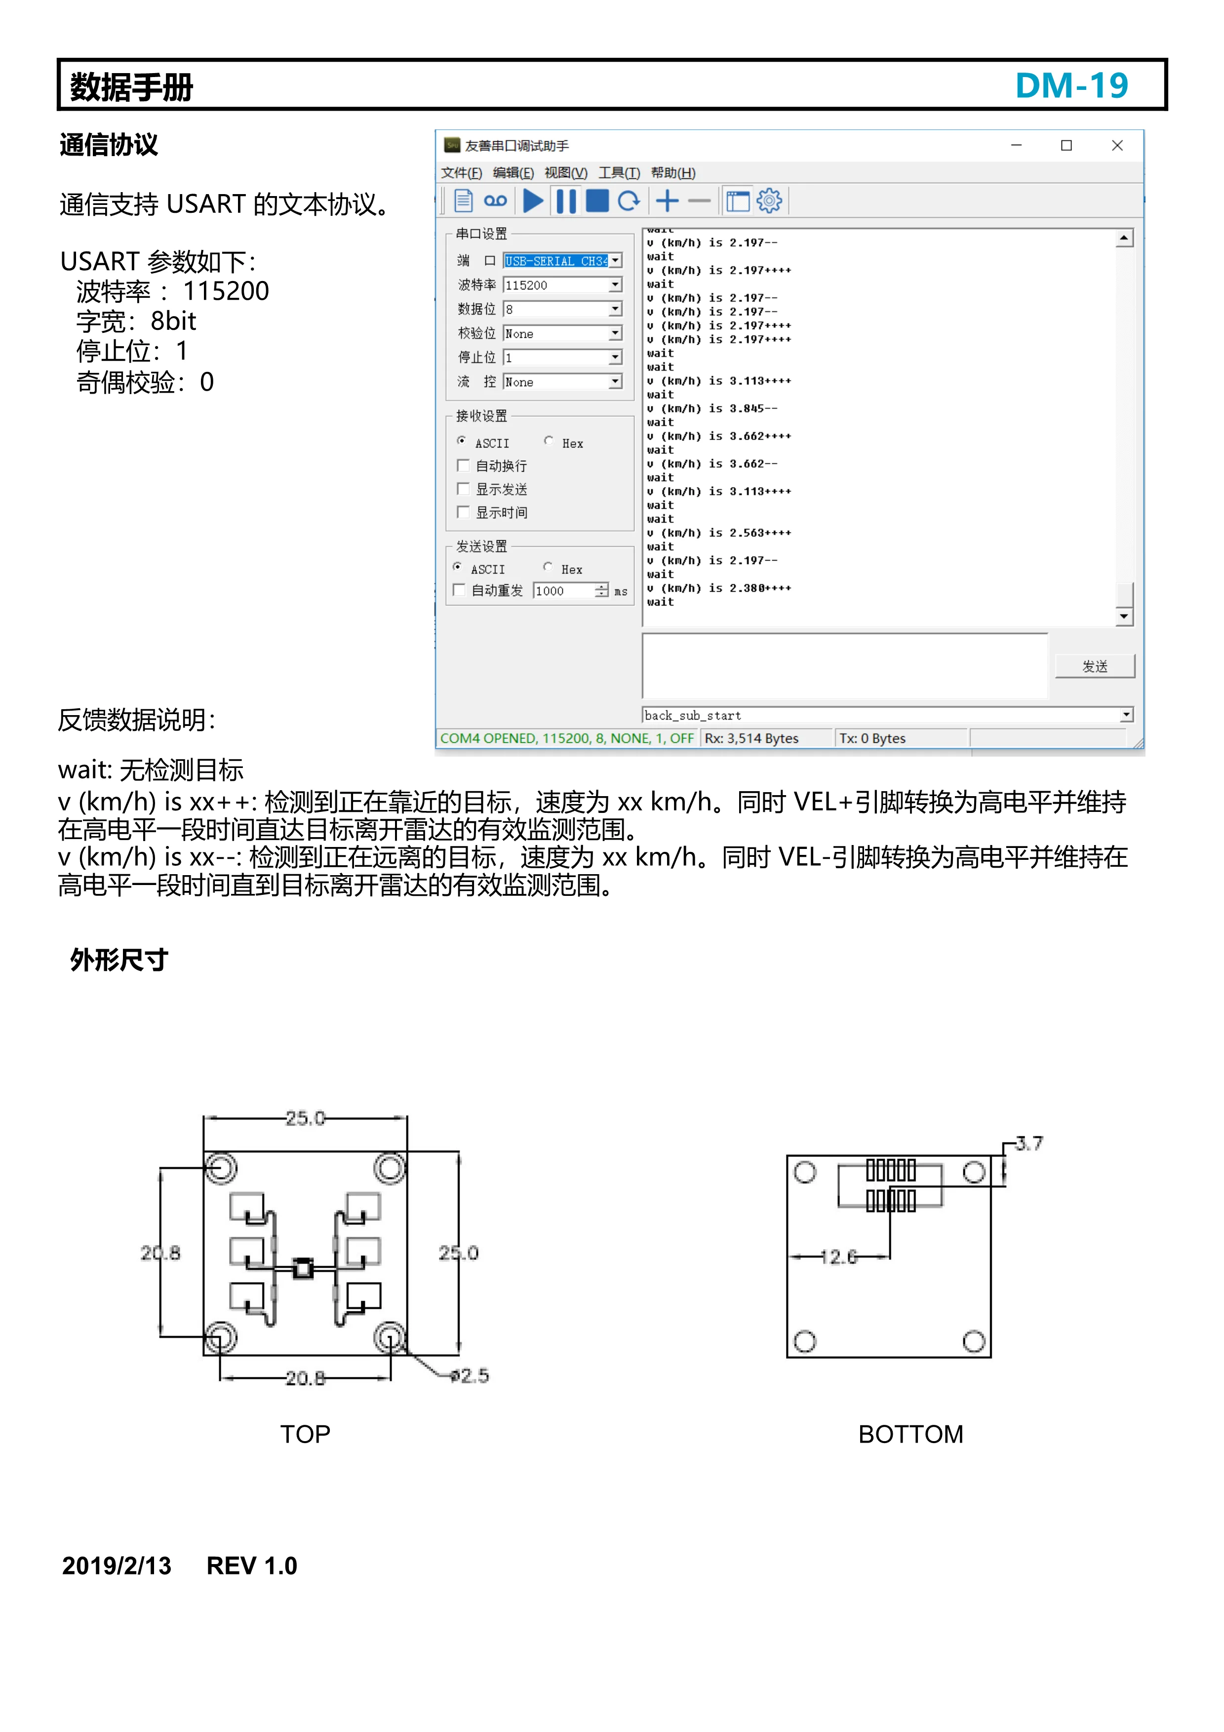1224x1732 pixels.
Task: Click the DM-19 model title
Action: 1071,85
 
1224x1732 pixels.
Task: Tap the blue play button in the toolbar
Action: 533,201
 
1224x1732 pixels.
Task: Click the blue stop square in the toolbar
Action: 597,201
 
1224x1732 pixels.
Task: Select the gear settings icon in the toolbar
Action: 769,201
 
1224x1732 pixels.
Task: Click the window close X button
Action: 1117,146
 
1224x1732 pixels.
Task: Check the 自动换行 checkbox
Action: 463,465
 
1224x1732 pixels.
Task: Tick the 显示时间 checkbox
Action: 463,512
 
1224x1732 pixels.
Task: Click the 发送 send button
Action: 1094,666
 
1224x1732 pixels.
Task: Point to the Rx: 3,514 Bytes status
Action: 751,738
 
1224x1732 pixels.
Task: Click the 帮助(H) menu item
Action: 672,173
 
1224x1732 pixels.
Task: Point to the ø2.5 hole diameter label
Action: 470,1375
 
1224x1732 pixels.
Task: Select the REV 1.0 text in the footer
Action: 252,1565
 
